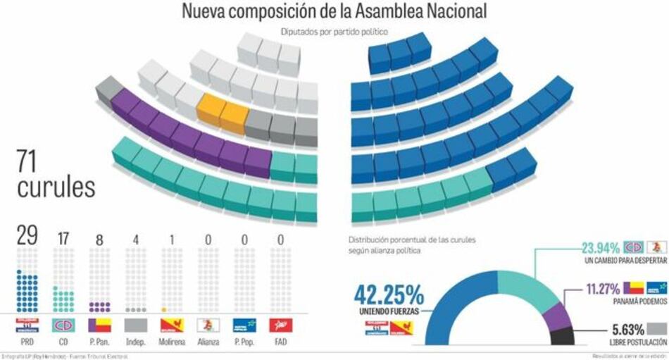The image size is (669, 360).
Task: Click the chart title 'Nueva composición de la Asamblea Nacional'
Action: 334,12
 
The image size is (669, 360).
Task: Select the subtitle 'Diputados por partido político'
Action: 334,32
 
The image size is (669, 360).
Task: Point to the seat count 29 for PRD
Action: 27,236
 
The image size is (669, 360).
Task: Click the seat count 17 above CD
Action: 63,238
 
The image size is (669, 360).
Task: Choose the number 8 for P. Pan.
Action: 99,240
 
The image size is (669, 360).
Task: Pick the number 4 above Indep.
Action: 136,240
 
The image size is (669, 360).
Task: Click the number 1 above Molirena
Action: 172,240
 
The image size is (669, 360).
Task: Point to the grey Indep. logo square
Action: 135,325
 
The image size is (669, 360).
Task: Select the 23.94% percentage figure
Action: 600,248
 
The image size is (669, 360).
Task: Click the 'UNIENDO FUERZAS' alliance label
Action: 390,311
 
